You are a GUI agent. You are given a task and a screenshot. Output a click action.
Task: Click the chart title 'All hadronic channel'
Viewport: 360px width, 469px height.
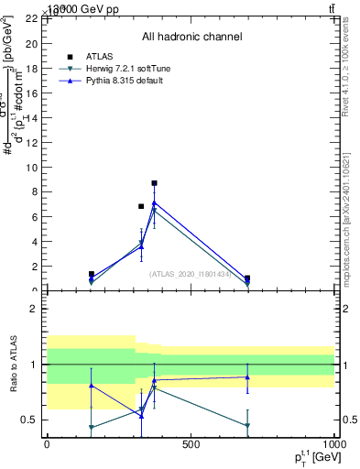[191, 37]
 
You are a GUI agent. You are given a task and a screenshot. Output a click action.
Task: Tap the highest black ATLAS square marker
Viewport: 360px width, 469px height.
[155, 183]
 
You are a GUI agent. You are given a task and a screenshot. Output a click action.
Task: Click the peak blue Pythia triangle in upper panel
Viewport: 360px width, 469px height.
[155, 202]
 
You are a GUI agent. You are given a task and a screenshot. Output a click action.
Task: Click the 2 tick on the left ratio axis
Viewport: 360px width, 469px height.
[34, 309]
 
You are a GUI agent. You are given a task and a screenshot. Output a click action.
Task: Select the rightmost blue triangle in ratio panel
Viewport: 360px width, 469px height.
[247, 376]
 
